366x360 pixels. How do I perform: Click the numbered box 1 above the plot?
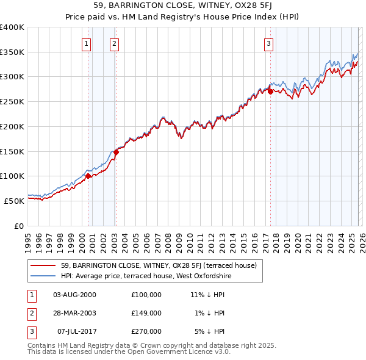(x=86, y=43)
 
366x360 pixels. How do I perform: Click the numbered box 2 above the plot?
(x=114, y=43)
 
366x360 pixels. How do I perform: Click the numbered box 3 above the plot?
(x=268, y=43)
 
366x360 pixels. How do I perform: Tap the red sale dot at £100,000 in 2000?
(x=88, y=176)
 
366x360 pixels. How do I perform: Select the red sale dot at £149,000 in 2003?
(x=117, y=152)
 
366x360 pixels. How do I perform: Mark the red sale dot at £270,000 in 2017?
(x=270, y=92)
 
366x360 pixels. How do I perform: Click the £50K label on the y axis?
(x=14, y=200)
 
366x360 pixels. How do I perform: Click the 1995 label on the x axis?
(x=27, y=242)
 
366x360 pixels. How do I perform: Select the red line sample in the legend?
(x=43, y=265)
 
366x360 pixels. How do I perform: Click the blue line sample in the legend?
(x=43, y=276)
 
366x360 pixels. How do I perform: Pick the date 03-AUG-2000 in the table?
(x=74, y=294)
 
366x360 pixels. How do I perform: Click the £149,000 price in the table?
(x=146, y=313)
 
